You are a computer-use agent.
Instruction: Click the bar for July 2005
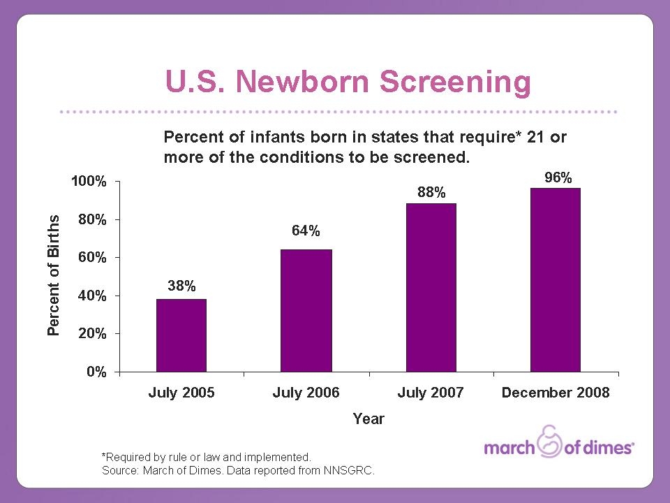tap(181, 335)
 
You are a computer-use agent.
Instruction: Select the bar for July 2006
tap(306, 310)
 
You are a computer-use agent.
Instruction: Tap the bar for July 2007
tap(431, 287)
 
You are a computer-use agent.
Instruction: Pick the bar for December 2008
tap(555, 279)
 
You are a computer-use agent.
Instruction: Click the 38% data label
tap(181, 286)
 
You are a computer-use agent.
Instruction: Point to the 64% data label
tap(306, 231)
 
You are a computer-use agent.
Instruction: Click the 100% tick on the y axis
tap(90, 182)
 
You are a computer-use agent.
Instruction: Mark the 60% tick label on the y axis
tap(93, 258)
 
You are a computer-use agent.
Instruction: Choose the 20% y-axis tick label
tap(93, 334)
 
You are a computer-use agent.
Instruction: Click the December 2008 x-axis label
tap(556, 393)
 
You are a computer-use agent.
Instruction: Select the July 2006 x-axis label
tap(306, 393)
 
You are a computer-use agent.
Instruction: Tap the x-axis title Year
tap(368, 419)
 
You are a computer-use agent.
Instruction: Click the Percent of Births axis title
tap(54, 276)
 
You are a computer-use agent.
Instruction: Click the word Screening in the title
tap(454, 82)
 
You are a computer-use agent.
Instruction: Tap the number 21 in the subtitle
tap(536, 137)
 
